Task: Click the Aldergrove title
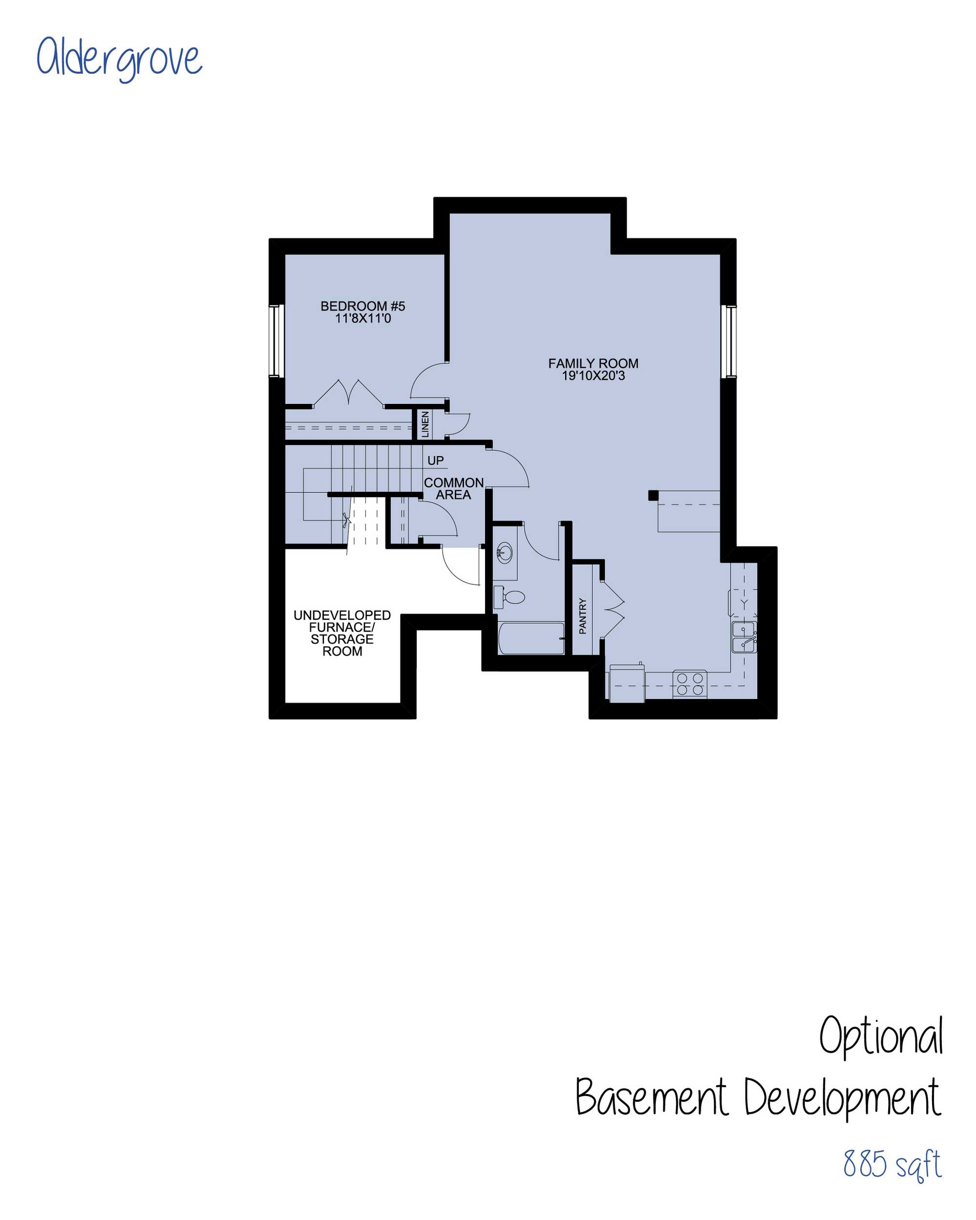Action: (119, 58)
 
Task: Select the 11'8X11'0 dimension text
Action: (363, 319)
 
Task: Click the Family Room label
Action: (593, 363)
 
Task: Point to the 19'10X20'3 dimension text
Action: (593, 376)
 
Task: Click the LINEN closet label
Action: (425, 424)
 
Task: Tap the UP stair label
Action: (435, 460)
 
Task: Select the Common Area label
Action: (453, 488)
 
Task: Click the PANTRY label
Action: (583, 616)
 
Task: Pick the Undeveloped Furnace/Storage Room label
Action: (342, 633)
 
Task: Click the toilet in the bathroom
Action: (509, 597)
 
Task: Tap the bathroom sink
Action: (505, 552)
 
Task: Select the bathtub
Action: (531, 639)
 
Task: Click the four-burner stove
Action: (690, 683)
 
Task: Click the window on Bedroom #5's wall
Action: (275, 341)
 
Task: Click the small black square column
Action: (653, 495)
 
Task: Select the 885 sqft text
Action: (892, 1164)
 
